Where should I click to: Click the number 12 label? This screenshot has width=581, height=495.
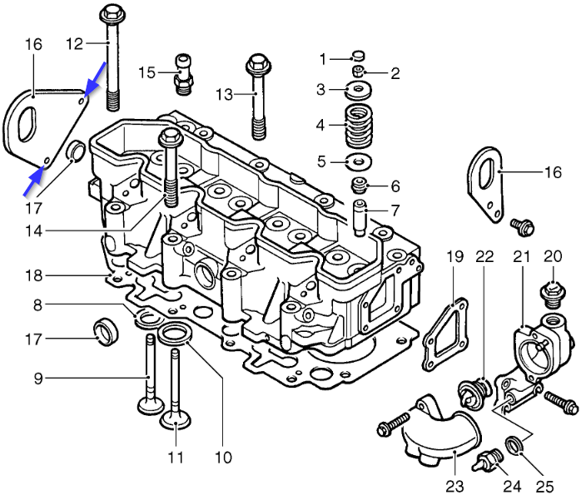pos(74,42)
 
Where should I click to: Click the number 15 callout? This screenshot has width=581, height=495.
pos(146,72)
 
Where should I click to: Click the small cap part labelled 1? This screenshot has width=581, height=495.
pos(359,56)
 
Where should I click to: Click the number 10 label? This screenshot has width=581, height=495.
pos(222,456)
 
